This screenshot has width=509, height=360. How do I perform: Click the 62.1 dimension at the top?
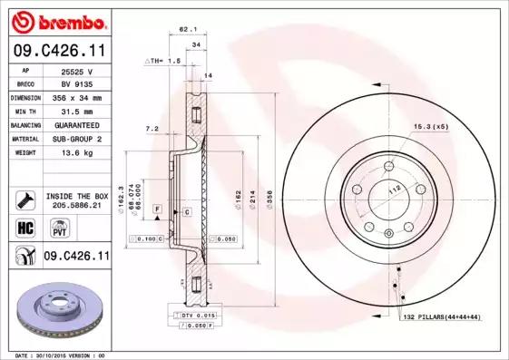coord(187,29)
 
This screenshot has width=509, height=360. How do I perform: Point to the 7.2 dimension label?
coord(152,129)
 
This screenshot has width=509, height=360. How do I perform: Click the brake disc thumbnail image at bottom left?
coord(56,308)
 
